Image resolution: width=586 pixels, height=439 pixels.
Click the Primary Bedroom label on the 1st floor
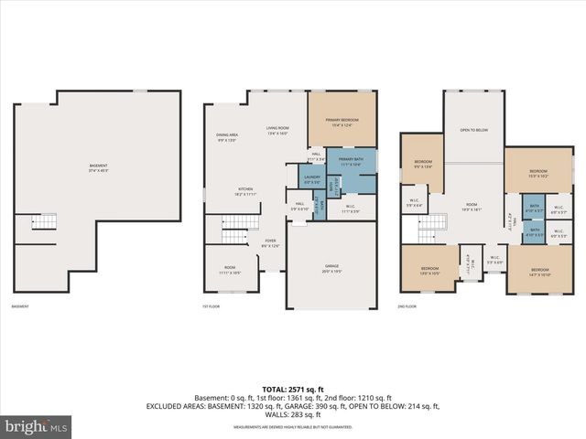point(343,122)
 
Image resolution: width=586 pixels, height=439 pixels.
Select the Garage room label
point(331,268)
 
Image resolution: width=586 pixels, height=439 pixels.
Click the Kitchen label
point(245,192)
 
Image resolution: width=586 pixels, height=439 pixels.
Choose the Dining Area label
point(227,137)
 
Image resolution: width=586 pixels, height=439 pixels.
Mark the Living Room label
point(277,131)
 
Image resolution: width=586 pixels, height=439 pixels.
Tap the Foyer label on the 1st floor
point(271,242)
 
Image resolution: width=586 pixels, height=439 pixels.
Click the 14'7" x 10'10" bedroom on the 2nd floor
point(539,272)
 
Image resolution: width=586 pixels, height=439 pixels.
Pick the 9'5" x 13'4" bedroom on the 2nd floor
point(422,165)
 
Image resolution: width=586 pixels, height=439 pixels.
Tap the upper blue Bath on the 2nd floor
point(535,209)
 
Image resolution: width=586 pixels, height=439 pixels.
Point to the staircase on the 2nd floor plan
point(439,222)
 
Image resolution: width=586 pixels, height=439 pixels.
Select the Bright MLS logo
point(37,426)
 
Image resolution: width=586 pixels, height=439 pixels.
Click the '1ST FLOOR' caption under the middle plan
point(212,307)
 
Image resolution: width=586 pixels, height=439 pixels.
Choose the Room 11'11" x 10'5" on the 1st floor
point(229,271)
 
